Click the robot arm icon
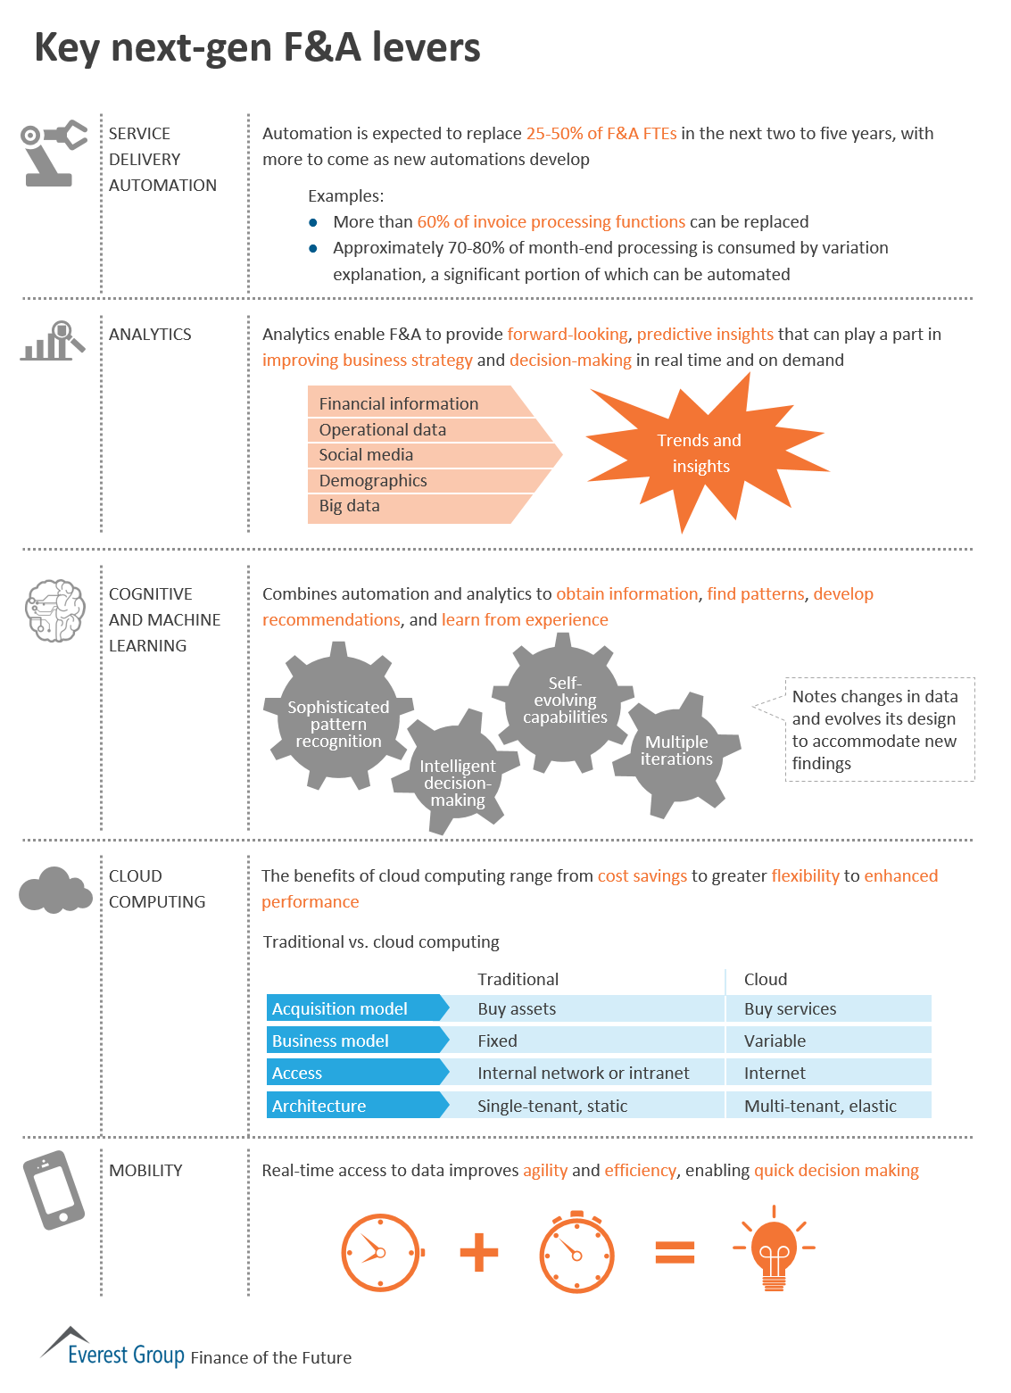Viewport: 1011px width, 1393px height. [54, 153]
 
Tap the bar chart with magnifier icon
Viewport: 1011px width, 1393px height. [53, 342]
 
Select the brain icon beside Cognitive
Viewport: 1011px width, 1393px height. [55, 610]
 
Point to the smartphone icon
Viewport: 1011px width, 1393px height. [54, 1190]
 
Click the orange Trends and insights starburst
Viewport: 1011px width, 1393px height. [700, 453]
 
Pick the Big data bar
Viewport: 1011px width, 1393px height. [410, 506]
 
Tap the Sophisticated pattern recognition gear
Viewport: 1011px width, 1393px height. [338, 723]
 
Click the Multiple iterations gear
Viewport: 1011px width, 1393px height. [677, 751]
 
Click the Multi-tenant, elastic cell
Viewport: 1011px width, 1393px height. [821, 1106]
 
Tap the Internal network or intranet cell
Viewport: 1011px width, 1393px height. [584, 1073]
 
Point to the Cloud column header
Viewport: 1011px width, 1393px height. [766, 979]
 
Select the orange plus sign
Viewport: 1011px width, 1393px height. [479, 1252]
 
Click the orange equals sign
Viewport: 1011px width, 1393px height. [675, 1252]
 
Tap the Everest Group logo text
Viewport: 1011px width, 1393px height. [126, 1355]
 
